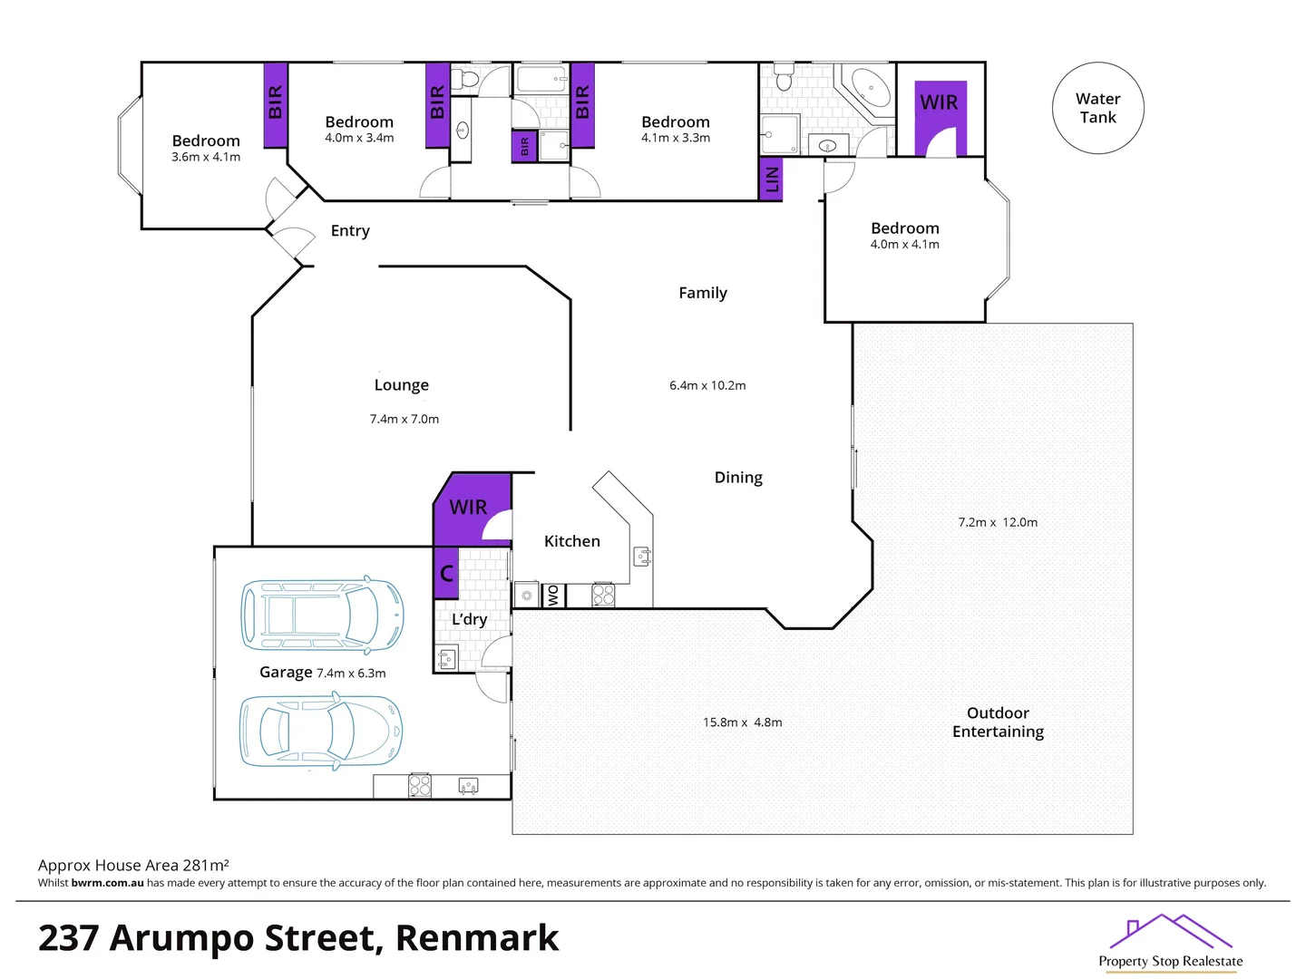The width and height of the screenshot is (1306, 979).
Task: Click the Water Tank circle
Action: point(1097,108)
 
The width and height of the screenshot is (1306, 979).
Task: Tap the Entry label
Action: point(350,231)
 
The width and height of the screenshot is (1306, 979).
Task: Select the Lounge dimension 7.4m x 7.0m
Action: point(404,419)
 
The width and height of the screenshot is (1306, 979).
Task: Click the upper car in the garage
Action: point(322,615)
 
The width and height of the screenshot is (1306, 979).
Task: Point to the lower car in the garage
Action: point(320,731)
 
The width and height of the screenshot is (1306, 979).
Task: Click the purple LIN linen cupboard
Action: point(771,179)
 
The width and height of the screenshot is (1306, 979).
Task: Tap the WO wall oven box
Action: point(553,596)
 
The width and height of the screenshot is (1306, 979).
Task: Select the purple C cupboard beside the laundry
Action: point(446,573)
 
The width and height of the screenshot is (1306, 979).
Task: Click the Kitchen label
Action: point(571,541)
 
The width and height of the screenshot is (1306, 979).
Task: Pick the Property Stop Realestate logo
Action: point(1170,943)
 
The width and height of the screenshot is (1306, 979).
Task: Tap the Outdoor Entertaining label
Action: point(998,722)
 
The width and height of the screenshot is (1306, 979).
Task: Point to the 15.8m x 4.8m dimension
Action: point(742,722)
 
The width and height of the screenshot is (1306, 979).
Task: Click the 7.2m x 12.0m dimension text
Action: point(998,522)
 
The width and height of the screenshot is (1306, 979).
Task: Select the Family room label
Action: point(703,293)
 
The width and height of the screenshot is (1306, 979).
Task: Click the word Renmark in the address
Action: point(477,938)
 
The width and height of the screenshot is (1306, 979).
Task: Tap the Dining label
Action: point(738,478)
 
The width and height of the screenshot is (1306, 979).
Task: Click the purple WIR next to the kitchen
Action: point(469,507)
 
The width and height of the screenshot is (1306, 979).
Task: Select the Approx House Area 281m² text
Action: point(133,866)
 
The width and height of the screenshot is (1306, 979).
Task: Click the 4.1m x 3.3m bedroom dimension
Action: point(676,138)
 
